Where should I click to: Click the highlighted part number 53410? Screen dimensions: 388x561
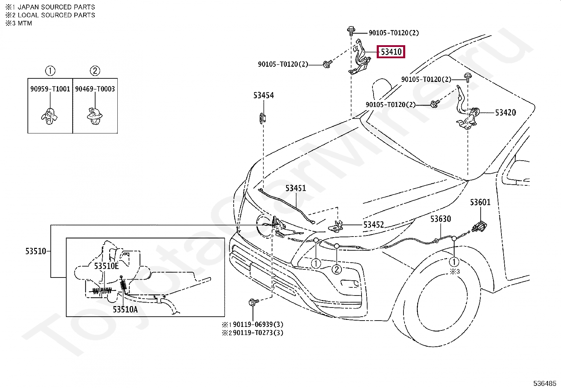click(x=391, y=52)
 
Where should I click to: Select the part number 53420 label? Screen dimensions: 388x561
click(x=505, y=113)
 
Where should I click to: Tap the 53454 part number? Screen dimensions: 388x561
click(x=263, y=95)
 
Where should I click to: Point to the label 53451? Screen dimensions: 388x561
click(x=296, y=188)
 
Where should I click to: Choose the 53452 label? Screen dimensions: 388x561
click(x=374, y=225)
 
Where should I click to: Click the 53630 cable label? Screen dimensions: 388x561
click(x=440, y=219)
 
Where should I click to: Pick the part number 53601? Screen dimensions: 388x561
click(x=480, y=202)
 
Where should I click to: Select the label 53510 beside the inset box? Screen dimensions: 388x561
click(x=36, y=251)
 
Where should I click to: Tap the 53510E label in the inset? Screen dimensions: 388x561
click(x=106, y=266)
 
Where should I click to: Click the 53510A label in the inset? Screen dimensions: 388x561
click(x=125, y=310)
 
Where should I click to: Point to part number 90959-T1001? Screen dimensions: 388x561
click(x=50, y=89)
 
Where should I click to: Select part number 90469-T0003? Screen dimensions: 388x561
click(x=95, y=89)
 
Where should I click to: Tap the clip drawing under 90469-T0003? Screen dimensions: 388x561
click(x=94, y=116)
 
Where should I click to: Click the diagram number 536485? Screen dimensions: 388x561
click(x=544, y=383)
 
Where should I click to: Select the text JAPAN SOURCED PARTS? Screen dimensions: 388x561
click(x=56, y=7)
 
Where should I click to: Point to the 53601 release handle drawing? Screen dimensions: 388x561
click(x=480, y=226)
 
